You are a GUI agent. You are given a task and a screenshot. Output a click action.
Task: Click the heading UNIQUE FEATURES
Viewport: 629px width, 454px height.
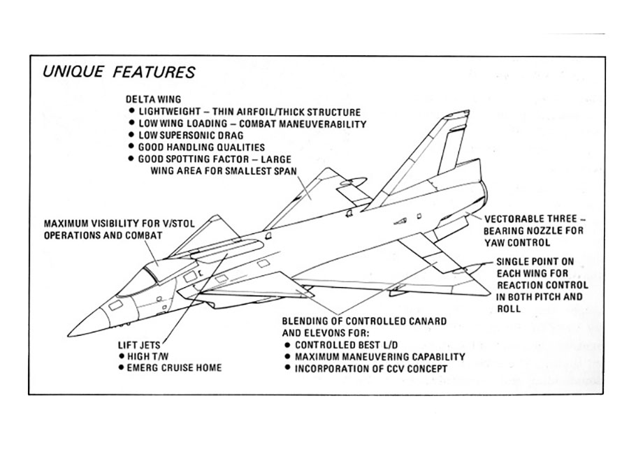pos(120,72)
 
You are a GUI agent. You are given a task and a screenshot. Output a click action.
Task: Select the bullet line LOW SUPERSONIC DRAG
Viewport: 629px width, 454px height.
pos(189,136)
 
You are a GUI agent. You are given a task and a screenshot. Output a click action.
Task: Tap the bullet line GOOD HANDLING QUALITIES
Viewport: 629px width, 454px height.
pos(201,147)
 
